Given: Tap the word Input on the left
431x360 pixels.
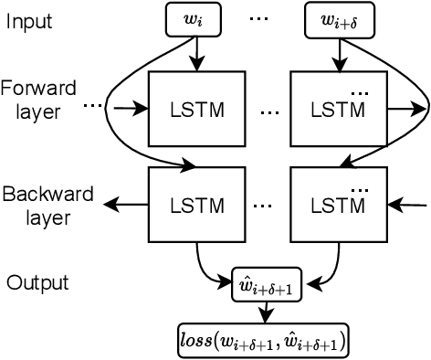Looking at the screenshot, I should tap(29, 20).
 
